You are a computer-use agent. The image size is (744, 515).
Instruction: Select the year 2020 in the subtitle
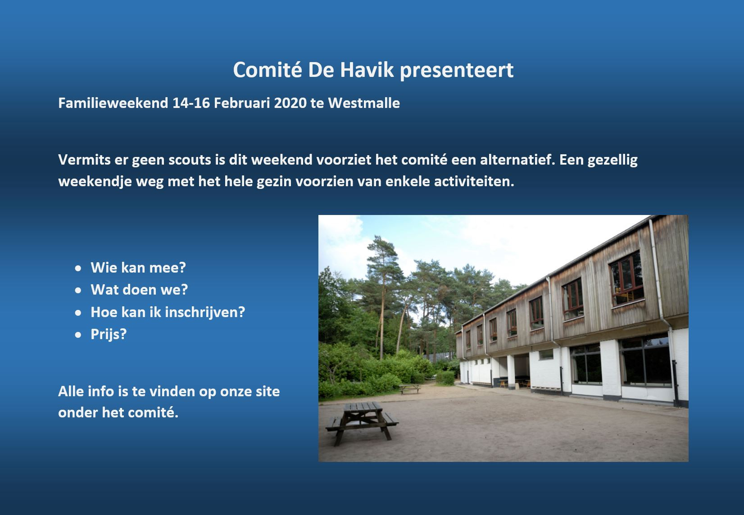[290, 103]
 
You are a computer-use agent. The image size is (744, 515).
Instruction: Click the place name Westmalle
[364, 103]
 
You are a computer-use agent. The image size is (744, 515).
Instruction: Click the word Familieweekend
[113, 103]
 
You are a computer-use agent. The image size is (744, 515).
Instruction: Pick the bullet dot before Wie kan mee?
[78, 268]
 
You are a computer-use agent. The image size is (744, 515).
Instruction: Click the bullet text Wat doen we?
[139, 290]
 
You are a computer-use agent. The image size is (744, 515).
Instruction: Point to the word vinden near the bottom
[172, 392]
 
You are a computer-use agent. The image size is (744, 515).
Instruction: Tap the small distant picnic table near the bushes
[409, 389]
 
